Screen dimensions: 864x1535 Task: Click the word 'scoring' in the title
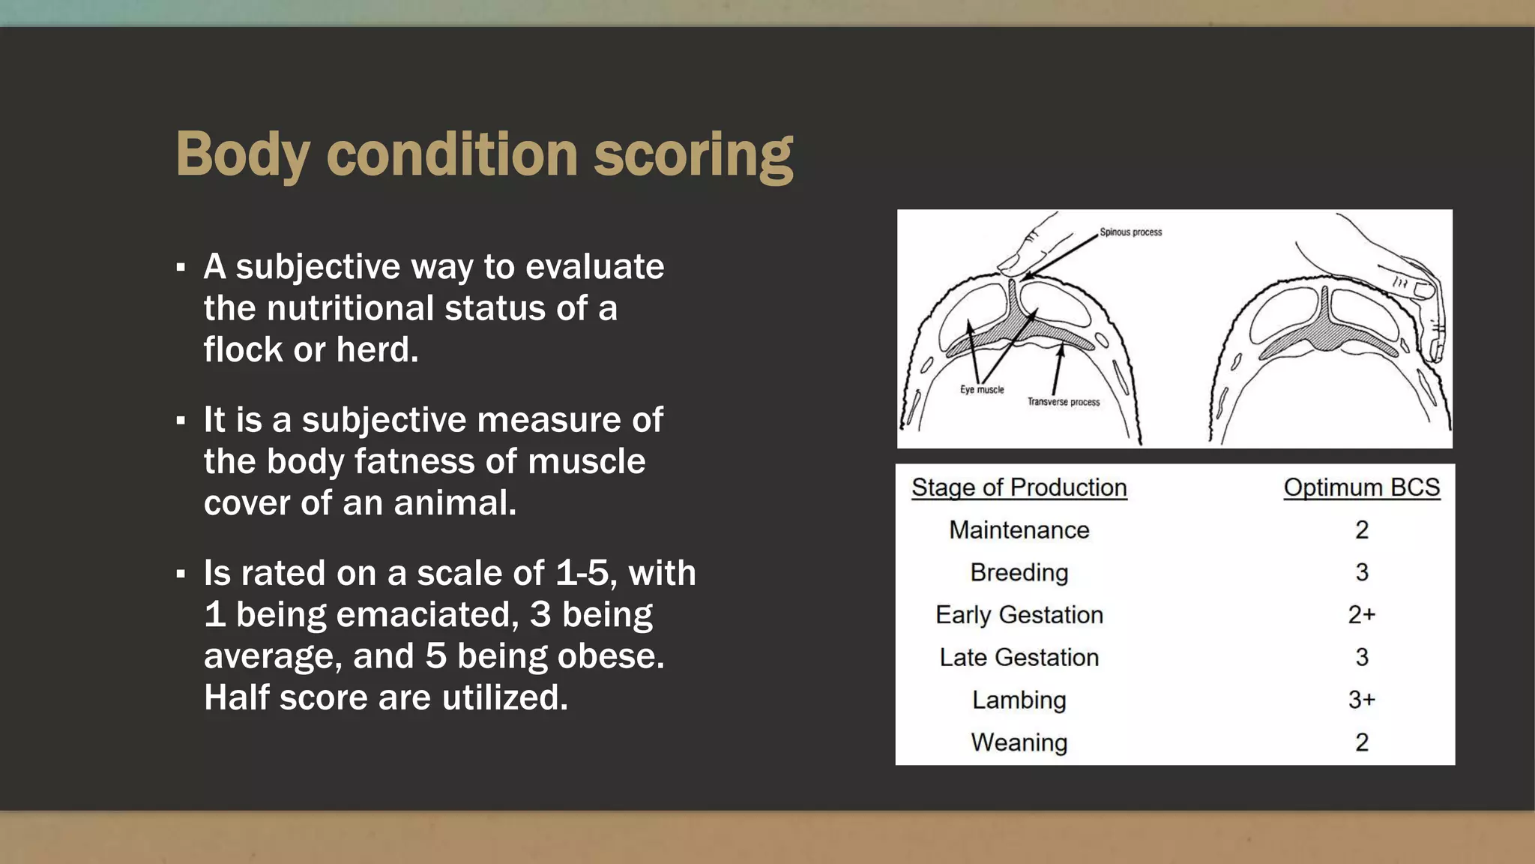pyautogui.click(x=693, y=154)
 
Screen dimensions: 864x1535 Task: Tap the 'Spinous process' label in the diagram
pyautogui.click(x=1130, y=232)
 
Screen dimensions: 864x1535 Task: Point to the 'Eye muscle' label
pyautogui.click(x=982, y=390)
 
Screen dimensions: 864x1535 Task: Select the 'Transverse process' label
pyautogui.click(x=1063, y=402)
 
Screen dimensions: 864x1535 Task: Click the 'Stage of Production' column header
pyautogui.click(x=1019, y=487)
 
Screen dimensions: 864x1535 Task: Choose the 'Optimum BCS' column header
pyautogui.click(x=1361, y=487)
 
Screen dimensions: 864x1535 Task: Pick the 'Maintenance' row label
pyautogui.click(x=1019, y=530)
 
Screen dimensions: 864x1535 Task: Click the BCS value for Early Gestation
pyautogui.click(x=1361, y=615)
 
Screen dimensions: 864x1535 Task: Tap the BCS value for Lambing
pyautogui.click(x=1361, y=700)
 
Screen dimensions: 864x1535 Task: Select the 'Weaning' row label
pyautogui.click(x=1019, y=742)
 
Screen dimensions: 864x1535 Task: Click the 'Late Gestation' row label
pyautogui.click(x=1019, y=658)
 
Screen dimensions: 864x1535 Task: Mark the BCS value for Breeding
pyautogui.click(x=1361, y=573)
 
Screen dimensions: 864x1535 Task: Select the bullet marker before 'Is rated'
pyautogui.click(x=181, y=574)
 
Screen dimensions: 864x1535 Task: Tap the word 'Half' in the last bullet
pyautogui.click(x=236, y=697)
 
